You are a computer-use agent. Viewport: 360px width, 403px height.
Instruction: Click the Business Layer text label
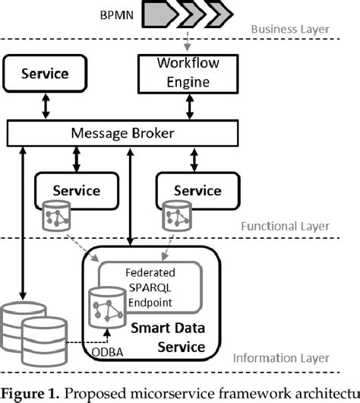pyautogui.click(x=292, y=30)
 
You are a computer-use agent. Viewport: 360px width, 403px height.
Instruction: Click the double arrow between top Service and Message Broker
pyautogui.click(x=45, y=106)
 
